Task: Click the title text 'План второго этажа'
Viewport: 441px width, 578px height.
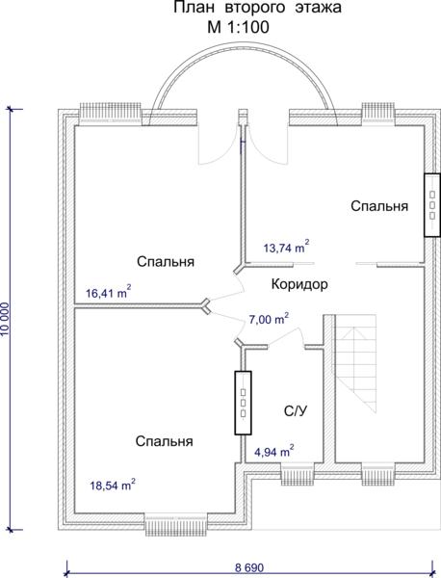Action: [x=257, y=8]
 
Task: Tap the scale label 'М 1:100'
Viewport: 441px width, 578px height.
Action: [x=239, y=28]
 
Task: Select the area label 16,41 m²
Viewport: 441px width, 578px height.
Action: [x=108, y=292]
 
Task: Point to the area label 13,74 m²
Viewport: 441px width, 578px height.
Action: [x=286, y=247]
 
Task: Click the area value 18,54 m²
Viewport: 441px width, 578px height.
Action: [x=113, y=485]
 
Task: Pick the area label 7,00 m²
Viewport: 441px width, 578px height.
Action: [x=269, y=319]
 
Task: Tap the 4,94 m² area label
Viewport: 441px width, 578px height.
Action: [x=274, y=451]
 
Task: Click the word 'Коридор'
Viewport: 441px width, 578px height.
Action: [x=299, y=284]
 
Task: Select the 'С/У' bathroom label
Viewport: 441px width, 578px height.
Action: [x=296, y=411]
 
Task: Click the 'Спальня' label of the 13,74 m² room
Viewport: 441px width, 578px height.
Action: [x=379, y=206]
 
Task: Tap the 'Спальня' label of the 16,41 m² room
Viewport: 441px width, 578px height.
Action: [x=166, y=262]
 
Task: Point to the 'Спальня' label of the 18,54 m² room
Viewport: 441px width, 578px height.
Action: [x=165, y=441]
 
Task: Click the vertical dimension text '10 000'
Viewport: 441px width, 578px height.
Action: [x=6, y=319]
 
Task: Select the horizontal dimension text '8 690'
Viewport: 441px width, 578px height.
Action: [x=249, y=567]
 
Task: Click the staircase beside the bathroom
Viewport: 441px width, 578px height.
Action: [x=355, y=363]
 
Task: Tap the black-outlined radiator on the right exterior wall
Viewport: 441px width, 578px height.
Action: [x=432, y=205]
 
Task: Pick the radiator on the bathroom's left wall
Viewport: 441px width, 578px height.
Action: [x=244, y=403]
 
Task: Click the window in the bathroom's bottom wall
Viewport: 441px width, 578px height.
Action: [x=298, y=474]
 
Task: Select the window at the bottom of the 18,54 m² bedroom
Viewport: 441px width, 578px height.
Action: [x=175, y=524]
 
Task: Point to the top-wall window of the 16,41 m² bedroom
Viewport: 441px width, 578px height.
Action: [x=111, y=114]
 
